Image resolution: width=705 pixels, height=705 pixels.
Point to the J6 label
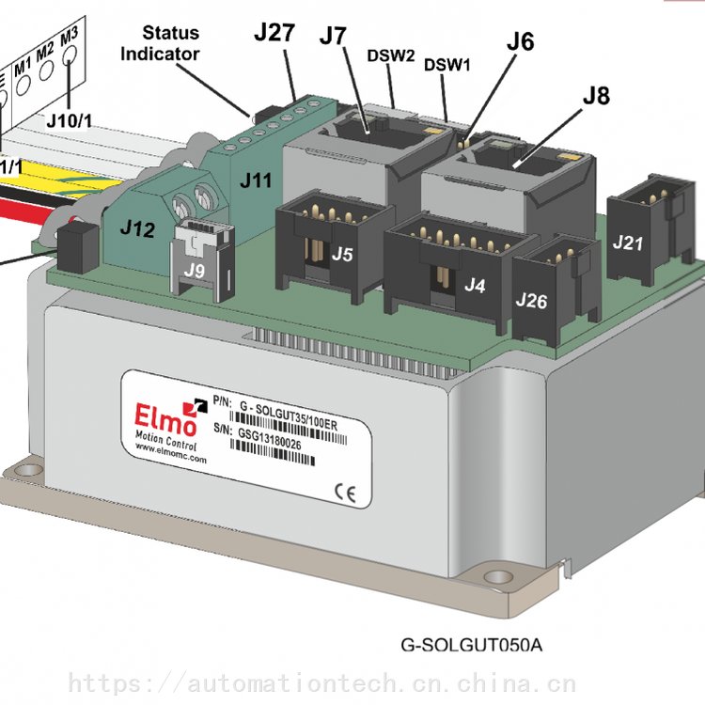point(520,41)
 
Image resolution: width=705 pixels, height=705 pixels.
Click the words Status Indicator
point(160,43)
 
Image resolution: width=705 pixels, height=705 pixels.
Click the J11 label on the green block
point(255,180)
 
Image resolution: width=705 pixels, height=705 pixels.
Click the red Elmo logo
point(163,414)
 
